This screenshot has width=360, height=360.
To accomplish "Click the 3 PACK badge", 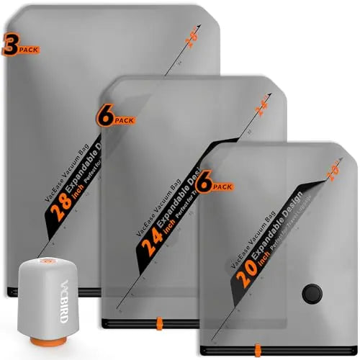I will (20, 47).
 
